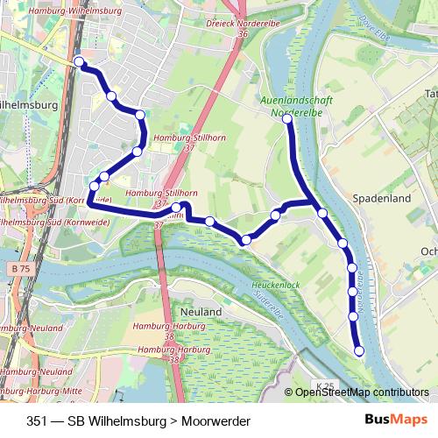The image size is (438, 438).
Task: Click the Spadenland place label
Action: (x=381, y=199)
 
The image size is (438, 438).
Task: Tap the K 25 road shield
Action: (x=325, y=385)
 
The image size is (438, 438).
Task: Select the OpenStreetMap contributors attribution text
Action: (x=363, y=392)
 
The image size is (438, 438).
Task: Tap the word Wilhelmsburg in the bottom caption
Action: (x=117, y=420)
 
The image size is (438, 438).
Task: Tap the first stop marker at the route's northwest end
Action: (x=79, y=61)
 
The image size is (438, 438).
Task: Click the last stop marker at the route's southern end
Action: (x=358, y=351)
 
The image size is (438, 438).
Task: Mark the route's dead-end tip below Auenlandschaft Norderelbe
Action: (x=287, y=119)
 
